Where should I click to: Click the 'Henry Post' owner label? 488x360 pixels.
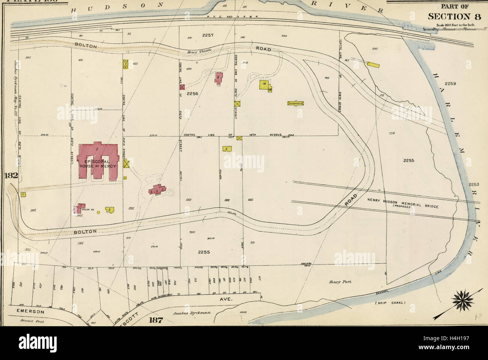coord(337,281)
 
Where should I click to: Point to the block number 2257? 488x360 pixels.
coord(208,35)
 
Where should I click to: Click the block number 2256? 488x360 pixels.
coord(192,93)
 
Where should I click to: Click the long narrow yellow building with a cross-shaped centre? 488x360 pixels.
coord(295,103)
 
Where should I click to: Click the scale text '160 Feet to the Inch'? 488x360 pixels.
coord(456,25)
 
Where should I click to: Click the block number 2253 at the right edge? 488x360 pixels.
coord(474,184)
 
